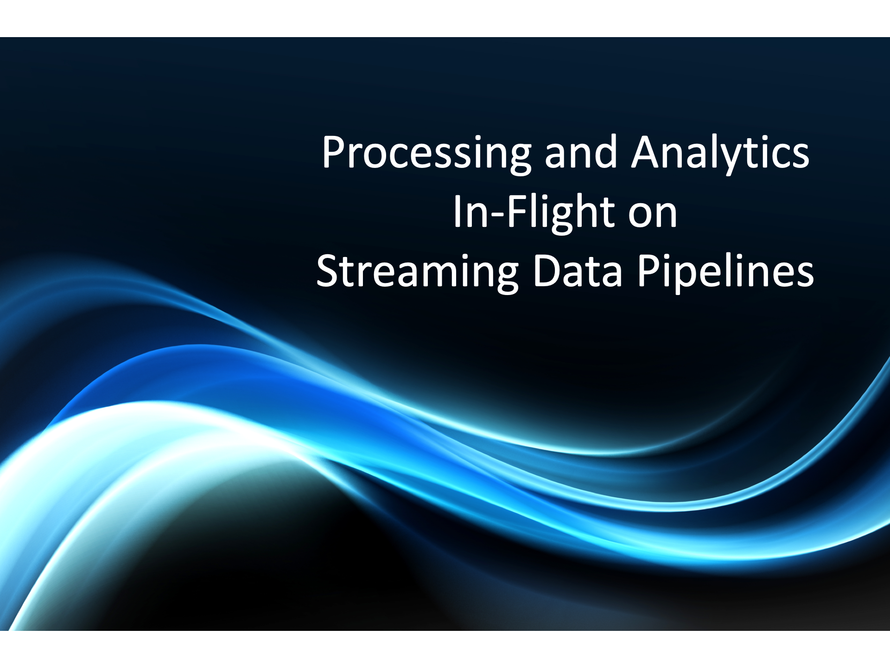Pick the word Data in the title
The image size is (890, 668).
[x=577, y=271]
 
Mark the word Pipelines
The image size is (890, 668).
[x=725, y=274]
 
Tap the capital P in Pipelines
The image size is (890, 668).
[x=649, y=271]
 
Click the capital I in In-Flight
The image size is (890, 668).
[x=457, y=212]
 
